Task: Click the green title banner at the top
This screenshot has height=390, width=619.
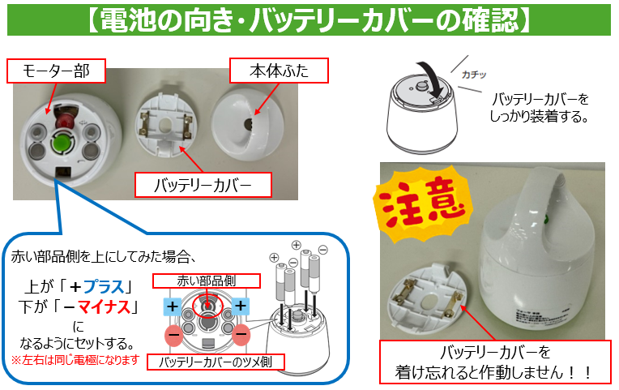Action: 309,19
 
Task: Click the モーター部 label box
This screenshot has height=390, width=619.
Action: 56,71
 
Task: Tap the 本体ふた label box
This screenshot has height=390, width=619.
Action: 279,71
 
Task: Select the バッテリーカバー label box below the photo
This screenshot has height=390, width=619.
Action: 203,185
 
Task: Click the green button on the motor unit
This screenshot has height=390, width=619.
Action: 62,141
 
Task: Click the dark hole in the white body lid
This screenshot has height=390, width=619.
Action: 249,124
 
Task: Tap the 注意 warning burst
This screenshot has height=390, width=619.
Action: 423,203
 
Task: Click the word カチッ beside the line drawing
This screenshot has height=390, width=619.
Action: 474,75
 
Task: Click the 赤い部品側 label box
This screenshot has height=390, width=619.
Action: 207,281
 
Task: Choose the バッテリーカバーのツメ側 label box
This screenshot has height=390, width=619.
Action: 216,362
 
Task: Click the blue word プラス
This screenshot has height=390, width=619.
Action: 104,286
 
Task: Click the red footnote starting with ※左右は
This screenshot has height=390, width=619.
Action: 75,360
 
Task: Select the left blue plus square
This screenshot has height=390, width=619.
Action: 173,306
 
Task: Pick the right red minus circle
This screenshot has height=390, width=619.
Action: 241,335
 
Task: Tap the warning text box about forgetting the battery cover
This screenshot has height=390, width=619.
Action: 495,362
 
